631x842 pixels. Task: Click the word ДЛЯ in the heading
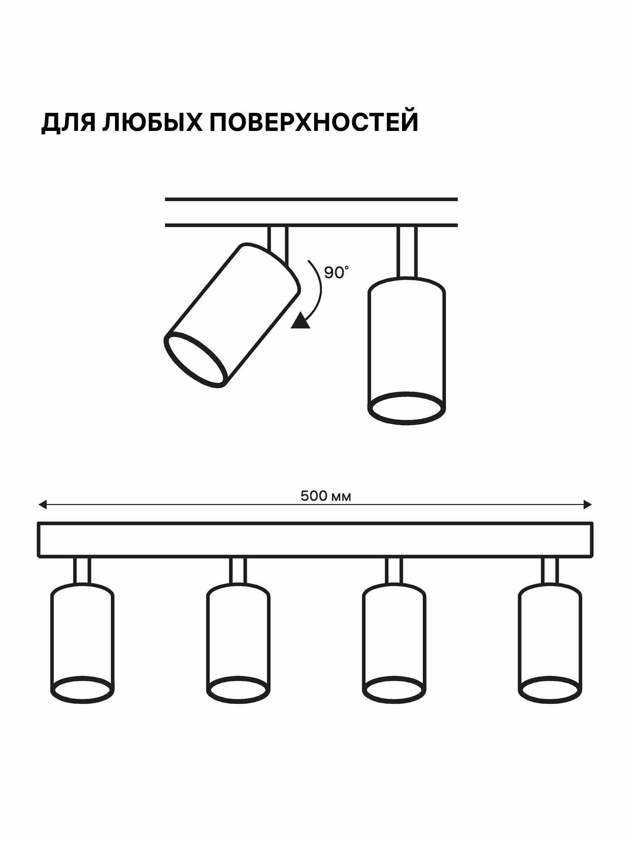point(68,123)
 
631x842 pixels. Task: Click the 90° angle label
point(336,272)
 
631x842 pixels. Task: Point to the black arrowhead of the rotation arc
point(301,321)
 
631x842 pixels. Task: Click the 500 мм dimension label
point(326,496)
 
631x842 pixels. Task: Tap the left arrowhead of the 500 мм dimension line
point(42,504)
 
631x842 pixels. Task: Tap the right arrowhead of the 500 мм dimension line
point(588,504)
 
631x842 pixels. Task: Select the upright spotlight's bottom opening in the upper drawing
point(406,408)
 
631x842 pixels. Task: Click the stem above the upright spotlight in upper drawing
point(407,252)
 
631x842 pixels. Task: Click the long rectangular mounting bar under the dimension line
point(315,540)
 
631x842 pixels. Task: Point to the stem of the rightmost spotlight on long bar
point(550,570)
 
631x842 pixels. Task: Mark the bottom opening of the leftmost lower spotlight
point(82,690)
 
